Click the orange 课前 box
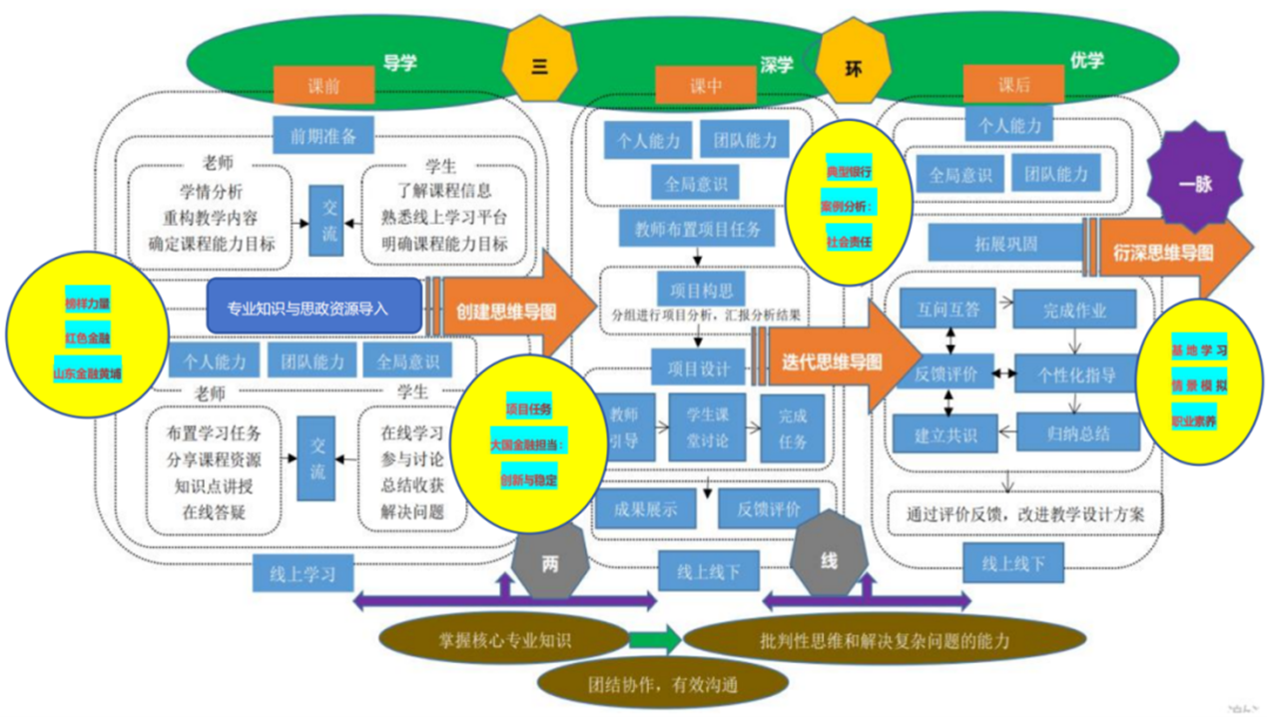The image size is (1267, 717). tap(324, 86)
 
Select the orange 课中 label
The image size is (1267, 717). tap(705, 86)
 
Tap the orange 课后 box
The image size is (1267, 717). tap(1013, 86)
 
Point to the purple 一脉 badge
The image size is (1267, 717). tap(1195, 184)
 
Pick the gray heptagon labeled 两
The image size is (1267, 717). tap(550, 563)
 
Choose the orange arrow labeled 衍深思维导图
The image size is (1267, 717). tap(1168, 253)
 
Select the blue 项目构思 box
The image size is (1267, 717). tap(701, 290)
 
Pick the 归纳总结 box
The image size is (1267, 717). tap(1078, 433)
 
